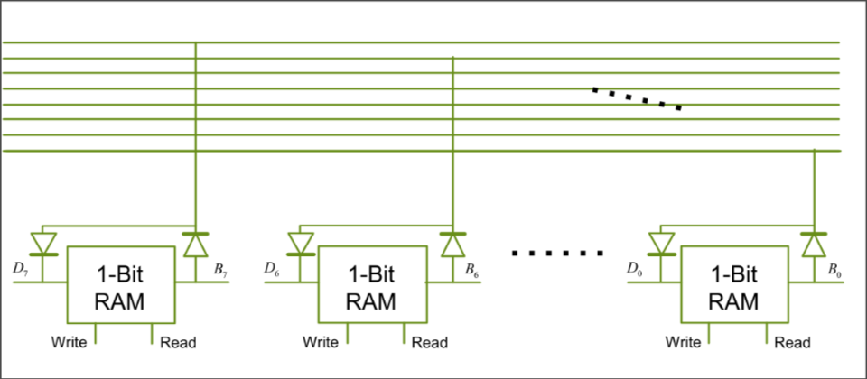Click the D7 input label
point(21,268)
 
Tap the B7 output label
point(219,268)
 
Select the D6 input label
point(272,268)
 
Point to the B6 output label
point(471,268)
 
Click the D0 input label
point(635,268)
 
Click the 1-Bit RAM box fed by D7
point(121,285)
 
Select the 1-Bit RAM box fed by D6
point(372,285)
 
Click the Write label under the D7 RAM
point(69,342)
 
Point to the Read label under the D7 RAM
point(177,342)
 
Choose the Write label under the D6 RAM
point(321,342)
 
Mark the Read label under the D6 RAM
point(429,342)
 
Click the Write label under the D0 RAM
point(684,342)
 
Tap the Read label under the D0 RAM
point(792,342)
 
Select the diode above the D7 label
point(43,244)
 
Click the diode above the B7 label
point(195,244)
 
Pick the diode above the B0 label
point(814,244)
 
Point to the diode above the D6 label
point(300,244)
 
